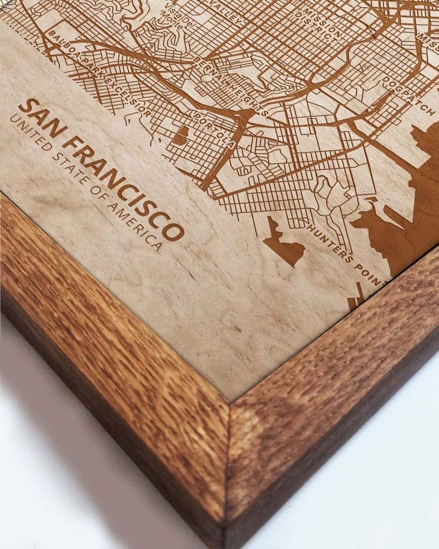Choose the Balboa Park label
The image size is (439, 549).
click(71, 55)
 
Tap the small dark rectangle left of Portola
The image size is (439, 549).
click(181, 136)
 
